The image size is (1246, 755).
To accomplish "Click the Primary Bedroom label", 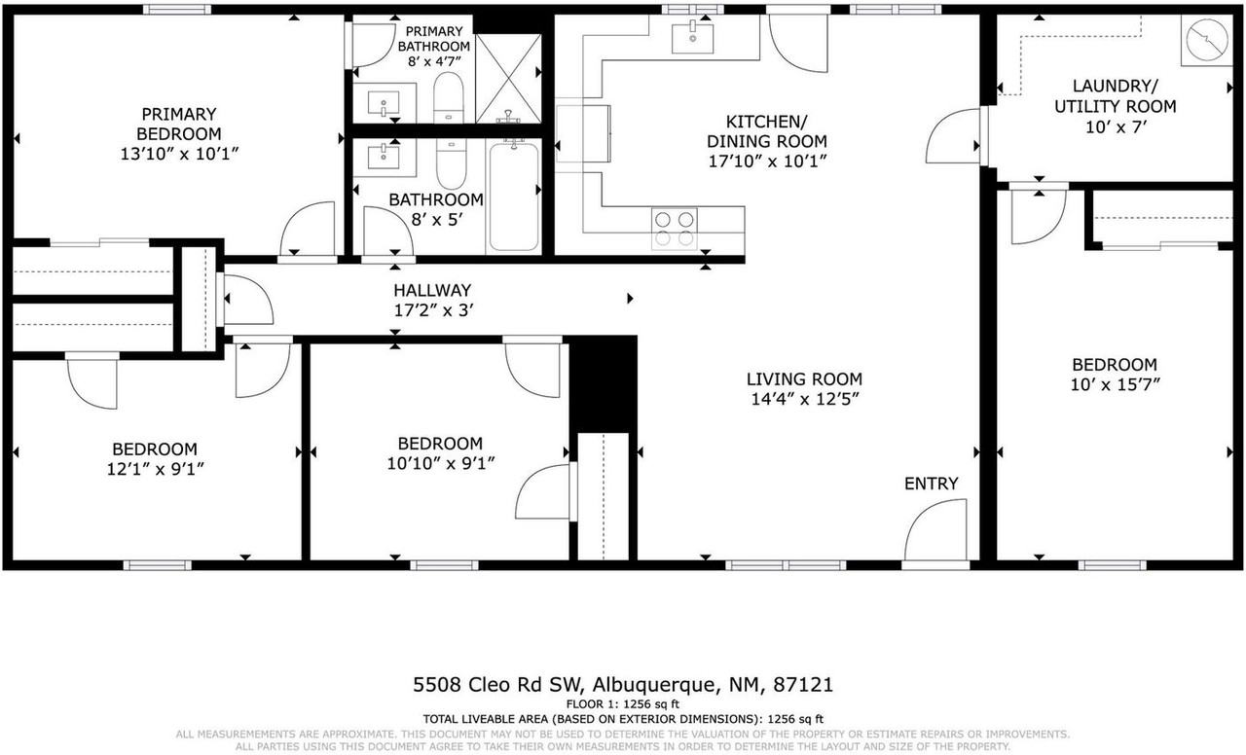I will point(178,124).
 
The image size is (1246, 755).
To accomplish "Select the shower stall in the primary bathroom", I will point(506,78).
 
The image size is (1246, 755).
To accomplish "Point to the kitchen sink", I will point(692,37).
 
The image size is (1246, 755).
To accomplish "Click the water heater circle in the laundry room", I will point(1205,42).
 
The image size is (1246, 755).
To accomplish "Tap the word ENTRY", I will point(931,484).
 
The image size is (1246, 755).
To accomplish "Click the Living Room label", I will point(804,379).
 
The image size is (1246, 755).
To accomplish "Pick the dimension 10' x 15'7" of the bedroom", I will point(1115,383).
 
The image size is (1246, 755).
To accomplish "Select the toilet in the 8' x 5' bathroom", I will point(451,166).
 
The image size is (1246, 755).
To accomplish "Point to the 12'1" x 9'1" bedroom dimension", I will point(155,468).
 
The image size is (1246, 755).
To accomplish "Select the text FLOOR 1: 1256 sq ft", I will point(622,703).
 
